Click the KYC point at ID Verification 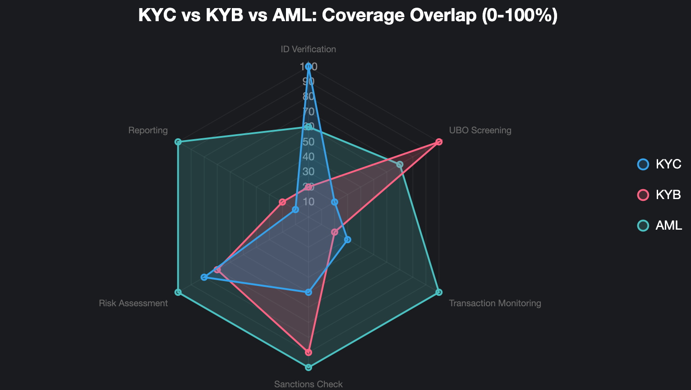(309, 67)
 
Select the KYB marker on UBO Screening (439, 142)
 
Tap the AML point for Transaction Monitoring (439, 292)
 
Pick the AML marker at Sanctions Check (309, 367)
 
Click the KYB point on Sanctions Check (309, 352)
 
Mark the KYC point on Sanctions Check (309, 292)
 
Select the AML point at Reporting (178, 142)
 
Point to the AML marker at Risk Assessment (178, 292)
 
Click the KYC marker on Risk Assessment (204, 277)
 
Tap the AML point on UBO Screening (400, 164)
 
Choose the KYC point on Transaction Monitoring (347, 240)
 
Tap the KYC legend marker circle (643, 164)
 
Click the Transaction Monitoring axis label (495, 303)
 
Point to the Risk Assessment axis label (133, 303)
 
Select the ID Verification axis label (309, 49)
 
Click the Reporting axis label (148, 130)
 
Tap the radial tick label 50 (309, 142)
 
